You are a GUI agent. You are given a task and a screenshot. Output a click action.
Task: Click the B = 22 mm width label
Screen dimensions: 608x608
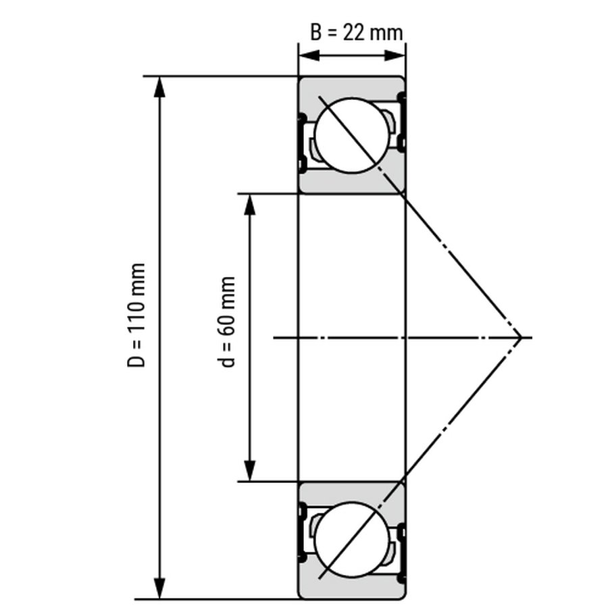click(356, 32)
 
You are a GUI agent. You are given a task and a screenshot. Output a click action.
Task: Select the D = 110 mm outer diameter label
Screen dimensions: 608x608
click(136, 315)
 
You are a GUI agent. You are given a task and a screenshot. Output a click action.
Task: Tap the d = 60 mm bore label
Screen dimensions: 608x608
click(226, 322)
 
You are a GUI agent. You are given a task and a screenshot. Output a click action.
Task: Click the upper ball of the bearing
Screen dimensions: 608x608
click(352, 135)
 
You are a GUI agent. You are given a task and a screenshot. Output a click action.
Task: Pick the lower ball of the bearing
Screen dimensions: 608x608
click(352, 539)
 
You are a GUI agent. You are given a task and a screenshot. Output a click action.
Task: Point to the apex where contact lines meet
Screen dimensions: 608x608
click(520, 338)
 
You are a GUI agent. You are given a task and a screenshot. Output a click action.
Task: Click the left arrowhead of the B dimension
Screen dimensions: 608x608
click(309, 55)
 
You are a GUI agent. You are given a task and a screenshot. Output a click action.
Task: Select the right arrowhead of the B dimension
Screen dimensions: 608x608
click(395, 55)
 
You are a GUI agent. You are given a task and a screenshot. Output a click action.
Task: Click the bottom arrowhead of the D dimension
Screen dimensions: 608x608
click(159, 588)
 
